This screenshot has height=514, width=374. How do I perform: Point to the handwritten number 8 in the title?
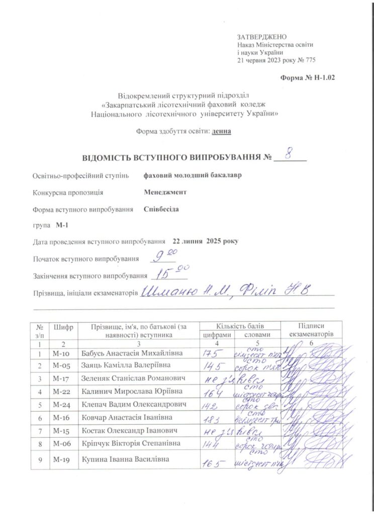point(289,153)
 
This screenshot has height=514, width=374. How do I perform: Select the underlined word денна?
point(222,132)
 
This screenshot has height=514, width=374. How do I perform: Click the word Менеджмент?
point(165,192)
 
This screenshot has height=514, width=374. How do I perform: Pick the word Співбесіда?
point(161,209)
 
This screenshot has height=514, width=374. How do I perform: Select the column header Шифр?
point(63,327)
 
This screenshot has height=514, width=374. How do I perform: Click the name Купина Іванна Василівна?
point(126,459)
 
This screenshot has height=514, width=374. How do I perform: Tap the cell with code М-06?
point(63,444)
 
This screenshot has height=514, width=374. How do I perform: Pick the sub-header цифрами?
point(217,335)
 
